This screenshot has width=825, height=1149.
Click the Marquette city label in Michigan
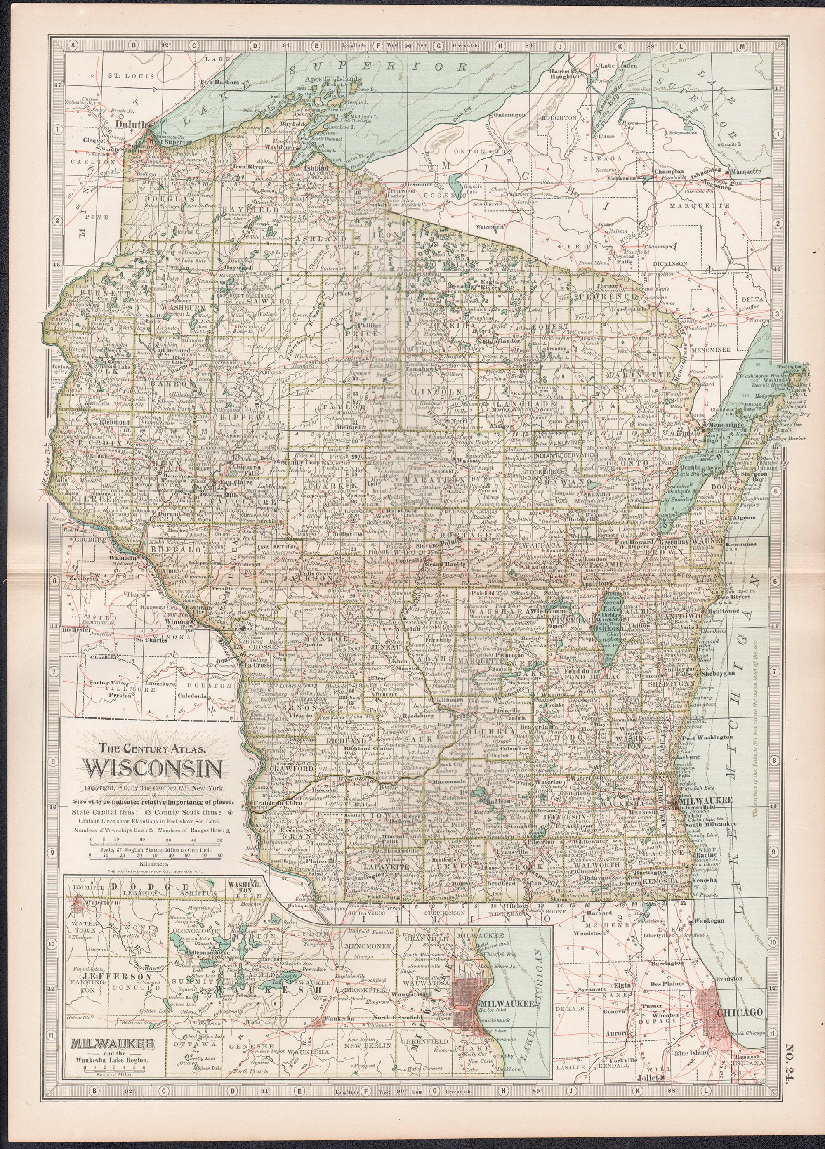coord(745,171)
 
